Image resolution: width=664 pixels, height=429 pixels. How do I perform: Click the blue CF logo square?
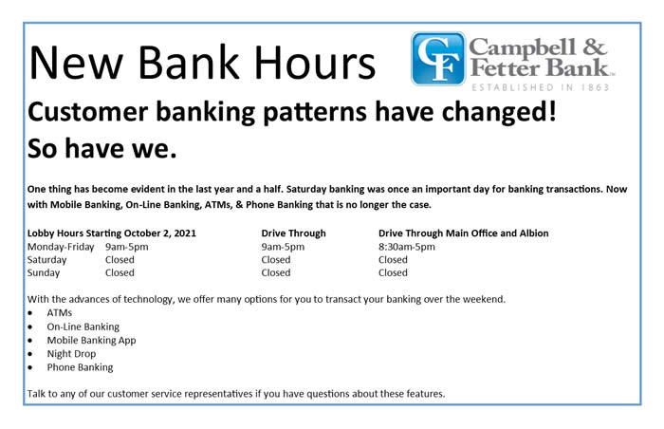click(438, 59)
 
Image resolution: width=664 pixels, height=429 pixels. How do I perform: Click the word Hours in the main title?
click(315, 64)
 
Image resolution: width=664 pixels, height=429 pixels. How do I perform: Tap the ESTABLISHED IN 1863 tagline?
click(541, 87)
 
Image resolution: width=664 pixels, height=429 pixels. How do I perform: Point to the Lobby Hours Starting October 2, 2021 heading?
click(112, 233)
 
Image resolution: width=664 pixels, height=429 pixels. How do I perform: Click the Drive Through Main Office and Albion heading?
click(463, 233)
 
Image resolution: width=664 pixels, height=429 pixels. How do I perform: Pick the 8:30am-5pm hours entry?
click(407, 247)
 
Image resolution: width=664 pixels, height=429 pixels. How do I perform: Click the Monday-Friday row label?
click(61, 247)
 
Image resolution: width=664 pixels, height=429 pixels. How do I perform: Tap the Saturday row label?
click(47, 259)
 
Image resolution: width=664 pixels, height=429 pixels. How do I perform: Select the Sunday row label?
click(44, 272)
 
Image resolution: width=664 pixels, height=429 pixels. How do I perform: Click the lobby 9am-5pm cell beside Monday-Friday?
click(126, 247)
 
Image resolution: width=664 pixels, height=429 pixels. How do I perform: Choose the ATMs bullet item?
click(59, 313)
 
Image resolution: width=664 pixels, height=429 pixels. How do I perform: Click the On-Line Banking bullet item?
click(83, 326)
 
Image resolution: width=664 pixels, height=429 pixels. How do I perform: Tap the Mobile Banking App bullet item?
click(91, 340)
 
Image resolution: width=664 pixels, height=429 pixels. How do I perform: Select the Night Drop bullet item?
click(71, 353)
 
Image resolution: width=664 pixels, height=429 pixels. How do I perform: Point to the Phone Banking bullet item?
click(80, 367)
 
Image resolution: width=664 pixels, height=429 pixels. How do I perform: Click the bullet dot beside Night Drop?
click(30, 354)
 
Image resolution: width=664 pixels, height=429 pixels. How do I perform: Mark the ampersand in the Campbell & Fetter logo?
click(595, 47)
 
